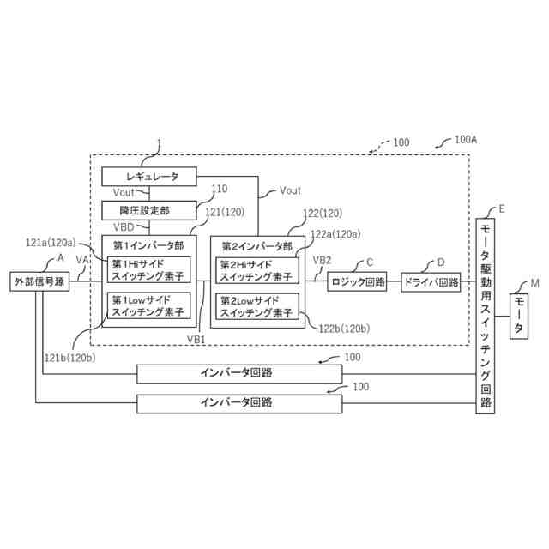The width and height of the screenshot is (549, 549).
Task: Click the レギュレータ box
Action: [149, 177]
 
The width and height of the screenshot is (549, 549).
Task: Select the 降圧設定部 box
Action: [149, 209]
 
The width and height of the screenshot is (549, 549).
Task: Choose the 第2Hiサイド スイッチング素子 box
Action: [256, 269]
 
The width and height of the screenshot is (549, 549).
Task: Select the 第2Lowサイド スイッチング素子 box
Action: [256, 305]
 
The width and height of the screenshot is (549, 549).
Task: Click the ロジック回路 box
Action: [357, 281]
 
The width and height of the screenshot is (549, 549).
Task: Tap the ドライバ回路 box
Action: [430, 281]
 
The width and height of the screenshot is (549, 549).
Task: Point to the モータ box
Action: [522, 317]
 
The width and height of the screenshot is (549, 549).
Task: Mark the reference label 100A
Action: [466, 139]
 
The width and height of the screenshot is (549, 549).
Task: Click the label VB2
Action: [322, 259]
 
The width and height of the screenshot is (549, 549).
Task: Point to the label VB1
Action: [196, 340]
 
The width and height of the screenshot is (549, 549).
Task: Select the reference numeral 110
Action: [220, 189]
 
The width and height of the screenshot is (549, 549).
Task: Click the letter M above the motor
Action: [534, 283]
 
